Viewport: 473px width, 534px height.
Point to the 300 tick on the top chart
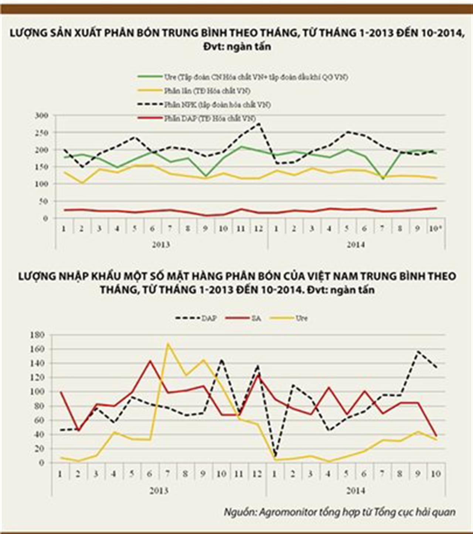point(41,115)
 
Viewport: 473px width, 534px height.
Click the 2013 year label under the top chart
point(161,244)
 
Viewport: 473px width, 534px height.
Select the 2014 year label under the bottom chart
point(355,491)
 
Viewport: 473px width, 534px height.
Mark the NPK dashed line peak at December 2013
point(259,123)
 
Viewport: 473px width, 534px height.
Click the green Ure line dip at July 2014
point(382,179)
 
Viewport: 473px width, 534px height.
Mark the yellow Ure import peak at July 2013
point(168,344)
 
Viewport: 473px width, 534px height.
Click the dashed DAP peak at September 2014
point(418,351)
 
